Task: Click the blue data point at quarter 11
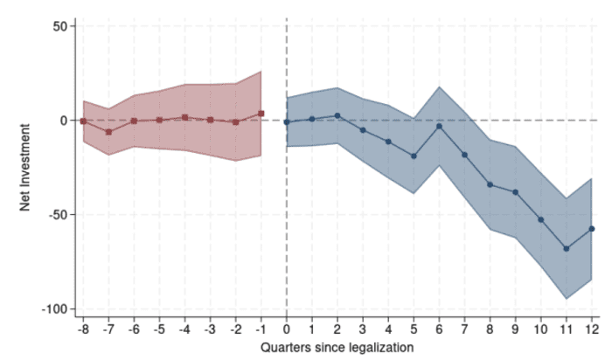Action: [567, 249]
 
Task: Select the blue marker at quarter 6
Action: [439, 126]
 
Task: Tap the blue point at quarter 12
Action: [592, 229]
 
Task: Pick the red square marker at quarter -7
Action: [108, 132]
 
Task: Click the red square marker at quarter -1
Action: [261, 114]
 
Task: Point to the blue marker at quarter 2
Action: [337, 115]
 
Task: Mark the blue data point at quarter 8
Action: [490, 184]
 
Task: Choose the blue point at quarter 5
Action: [414, 156]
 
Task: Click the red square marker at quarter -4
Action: [184, 117]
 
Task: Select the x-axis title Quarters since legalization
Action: [337, 347]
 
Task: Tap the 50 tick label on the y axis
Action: [59, 26]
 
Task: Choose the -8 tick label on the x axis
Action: [83, 330]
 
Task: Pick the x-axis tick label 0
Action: [287, 330]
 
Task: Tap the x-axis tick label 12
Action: [592, 330]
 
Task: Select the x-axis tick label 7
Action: [464, 330]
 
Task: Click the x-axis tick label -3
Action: [210, 330]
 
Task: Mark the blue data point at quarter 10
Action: [541, 220]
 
